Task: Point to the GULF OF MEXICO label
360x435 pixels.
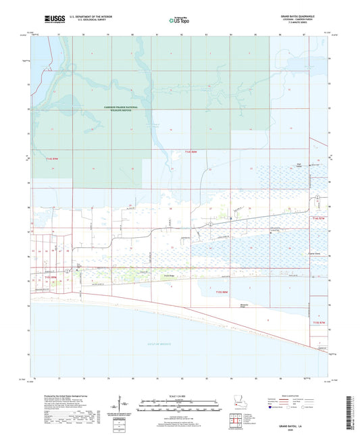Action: click(x=168, y=344)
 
